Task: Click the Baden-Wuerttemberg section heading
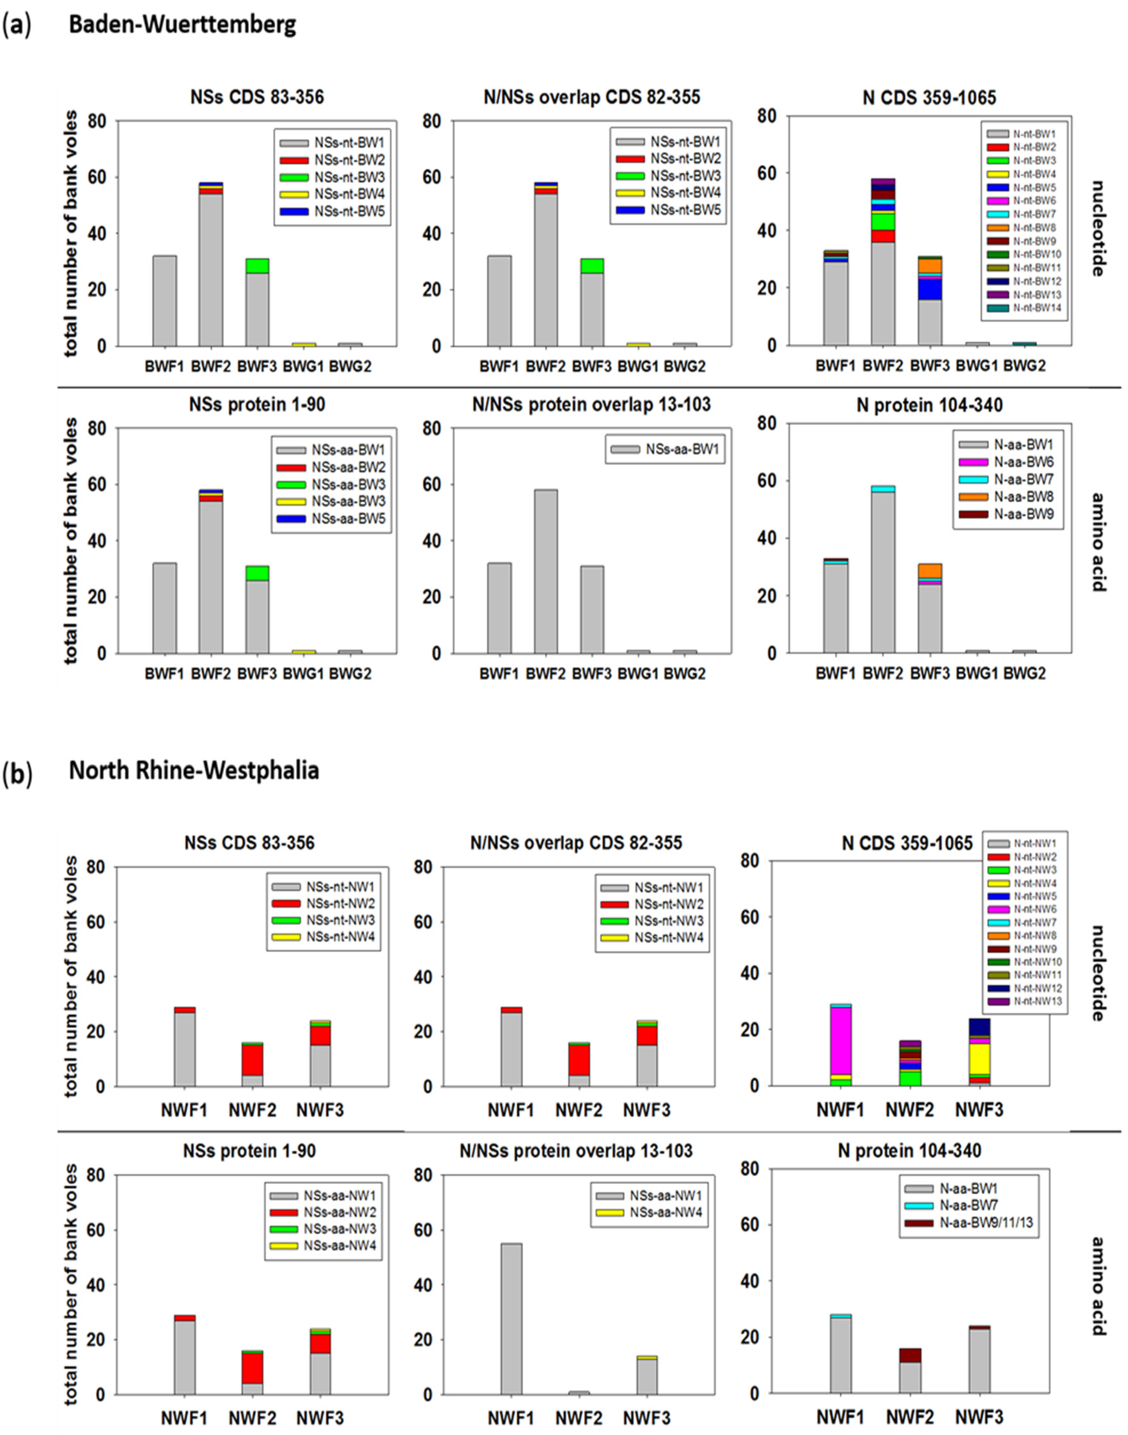182,24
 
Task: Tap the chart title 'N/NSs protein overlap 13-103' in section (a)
591,404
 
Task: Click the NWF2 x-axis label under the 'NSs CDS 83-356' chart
252,1110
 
